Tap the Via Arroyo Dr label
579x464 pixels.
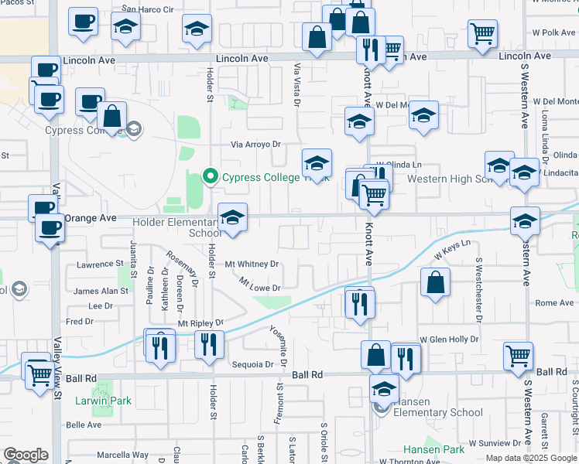click(255, 145)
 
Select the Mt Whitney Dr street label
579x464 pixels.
click(252, 264)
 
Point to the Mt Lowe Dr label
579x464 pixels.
click(259, 285)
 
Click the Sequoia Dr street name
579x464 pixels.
click(252, 364)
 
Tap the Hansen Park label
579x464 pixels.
click(433, 449)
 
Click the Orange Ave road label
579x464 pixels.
click(90, 219)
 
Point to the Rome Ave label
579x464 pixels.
click(554, 302)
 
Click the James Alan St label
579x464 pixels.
click(101, 291)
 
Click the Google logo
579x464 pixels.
click(26, 455)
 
